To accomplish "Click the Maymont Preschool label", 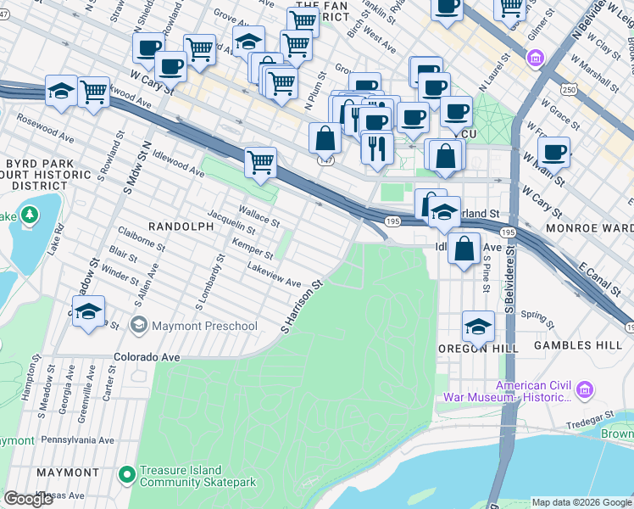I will click(203, 326).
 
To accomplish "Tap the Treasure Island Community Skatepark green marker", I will click(127, 475).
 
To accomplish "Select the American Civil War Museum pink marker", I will click(583, 390).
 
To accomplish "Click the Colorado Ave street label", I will click(147, 358).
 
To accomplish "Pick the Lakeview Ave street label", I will click(273, 275).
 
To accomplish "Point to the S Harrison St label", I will click(303, 306).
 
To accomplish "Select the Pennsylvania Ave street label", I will click(77, 440).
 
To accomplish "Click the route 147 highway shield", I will click(325, 159).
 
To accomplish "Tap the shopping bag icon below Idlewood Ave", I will click(464, 249).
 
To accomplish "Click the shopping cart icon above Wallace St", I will click(261, 161).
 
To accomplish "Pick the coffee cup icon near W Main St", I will click(553, 153).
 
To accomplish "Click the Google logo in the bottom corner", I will click(29, 499).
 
